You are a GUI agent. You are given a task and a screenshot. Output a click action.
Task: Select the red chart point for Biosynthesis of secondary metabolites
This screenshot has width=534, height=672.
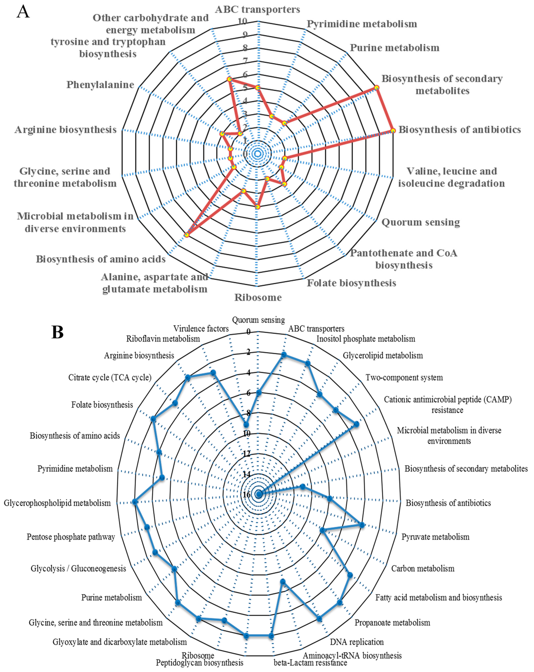pos(377,88)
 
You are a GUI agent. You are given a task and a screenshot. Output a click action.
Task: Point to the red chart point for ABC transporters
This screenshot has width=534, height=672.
pos(257,88)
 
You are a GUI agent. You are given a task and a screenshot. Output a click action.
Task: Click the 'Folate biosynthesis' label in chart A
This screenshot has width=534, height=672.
pos(351,283)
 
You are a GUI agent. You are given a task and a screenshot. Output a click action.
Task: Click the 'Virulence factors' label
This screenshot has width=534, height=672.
pos(201,329)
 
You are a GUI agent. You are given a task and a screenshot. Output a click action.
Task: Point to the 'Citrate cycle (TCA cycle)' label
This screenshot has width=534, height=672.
pos(110,377)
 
